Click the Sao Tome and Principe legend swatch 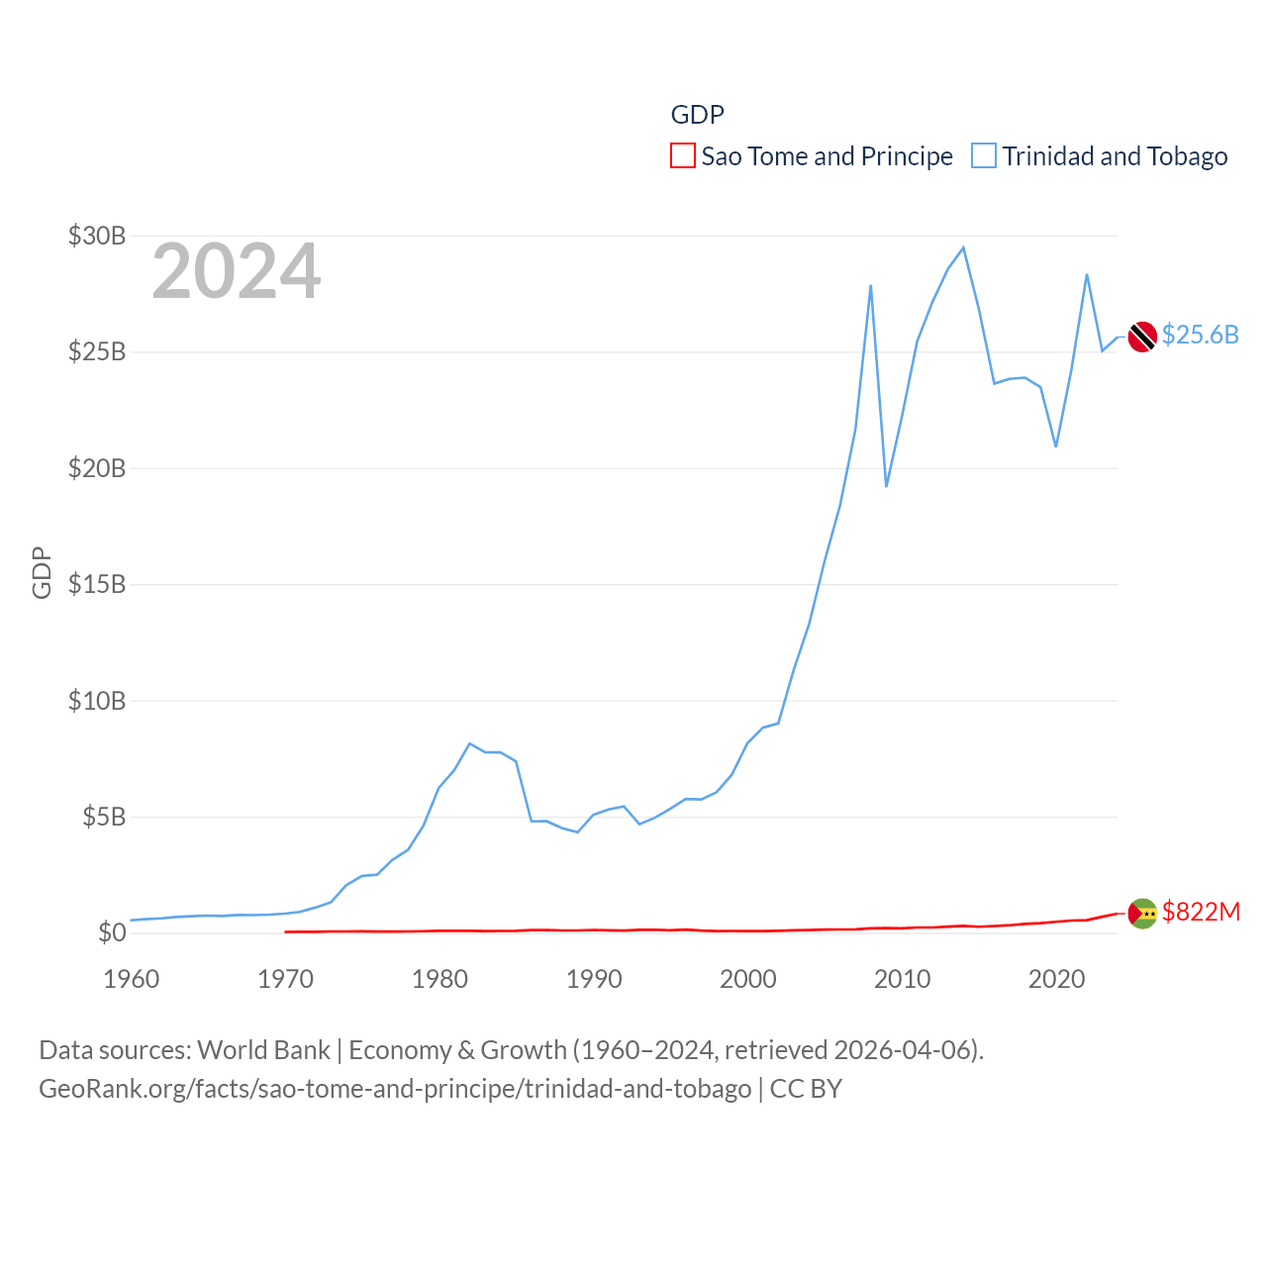(x=683, y=156)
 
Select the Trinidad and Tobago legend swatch (x=984, y=156)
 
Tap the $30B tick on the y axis (x=97, y=236)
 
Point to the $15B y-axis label (x=97, y=584)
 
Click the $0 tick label (x=112, y=932)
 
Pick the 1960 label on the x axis (x=132, y=979)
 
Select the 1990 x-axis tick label (x=594, y=979)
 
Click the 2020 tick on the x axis (x=1056, y=979)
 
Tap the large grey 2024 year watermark (x=237, y=271)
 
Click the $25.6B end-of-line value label (x=1200, y=335)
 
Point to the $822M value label (x=1201, y=912)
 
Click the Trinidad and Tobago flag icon (x=1142, y=337)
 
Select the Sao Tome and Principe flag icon (x=1142, y=913)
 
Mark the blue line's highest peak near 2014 (x=963, y=247)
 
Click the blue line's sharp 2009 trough (x=886, y=486)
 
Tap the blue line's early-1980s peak (x=469, y=743)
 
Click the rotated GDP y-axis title (x=42, y=572)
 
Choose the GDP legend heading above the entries (x=697, y=115)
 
